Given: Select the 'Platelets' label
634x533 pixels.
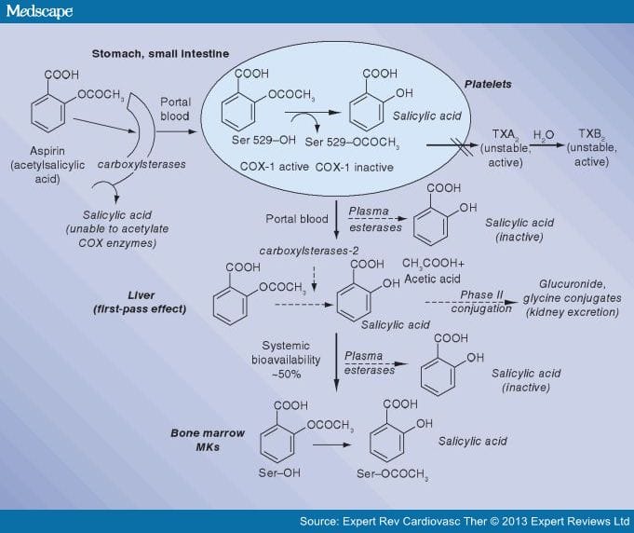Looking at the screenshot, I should point(488,84).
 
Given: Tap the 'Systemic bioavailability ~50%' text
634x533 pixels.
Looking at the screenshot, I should point(290,359).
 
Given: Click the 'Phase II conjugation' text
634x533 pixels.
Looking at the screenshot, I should point(481,302).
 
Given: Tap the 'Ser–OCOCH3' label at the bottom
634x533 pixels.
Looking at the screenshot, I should point(402,481).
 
